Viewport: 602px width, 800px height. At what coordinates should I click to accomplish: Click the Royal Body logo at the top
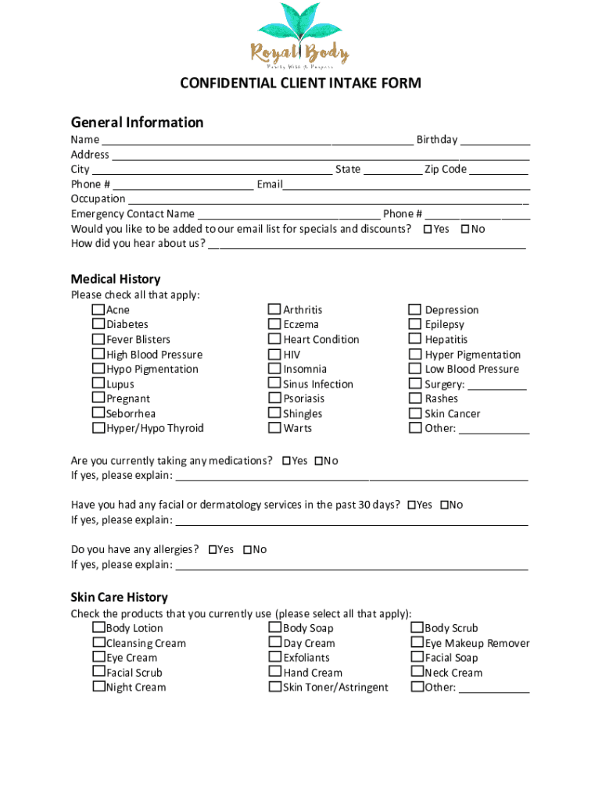(x=300, y=35)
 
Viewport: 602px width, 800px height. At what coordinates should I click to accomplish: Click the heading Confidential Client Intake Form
(x=300, y=84)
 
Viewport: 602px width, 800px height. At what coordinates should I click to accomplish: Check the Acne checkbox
(x=99, y=309)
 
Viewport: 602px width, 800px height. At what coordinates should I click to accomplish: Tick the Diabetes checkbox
(x=99, y=324)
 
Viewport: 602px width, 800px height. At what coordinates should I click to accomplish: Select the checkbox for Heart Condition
(x=274, y=339)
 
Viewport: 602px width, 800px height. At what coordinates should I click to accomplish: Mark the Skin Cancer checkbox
(x=415, y=413)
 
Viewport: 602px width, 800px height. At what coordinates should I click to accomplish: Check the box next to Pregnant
(x=99, y=398)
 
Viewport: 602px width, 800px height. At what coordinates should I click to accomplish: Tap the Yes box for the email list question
(x=428, y=229)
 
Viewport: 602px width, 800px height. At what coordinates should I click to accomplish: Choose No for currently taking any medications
(x=319, y=461)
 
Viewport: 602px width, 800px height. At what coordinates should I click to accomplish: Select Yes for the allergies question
(x=213, y=550)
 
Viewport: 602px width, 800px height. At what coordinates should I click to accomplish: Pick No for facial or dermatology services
(x=445, y=505)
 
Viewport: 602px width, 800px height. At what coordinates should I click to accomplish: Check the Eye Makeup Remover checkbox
(x=417, y=643)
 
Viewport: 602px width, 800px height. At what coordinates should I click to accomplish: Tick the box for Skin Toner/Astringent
(x=274, y=687)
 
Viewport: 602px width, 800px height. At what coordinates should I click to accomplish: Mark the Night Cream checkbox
(x=99, y=687)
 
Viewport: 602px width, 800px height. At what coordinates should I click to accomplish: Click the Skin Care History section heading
(x=119, y=598)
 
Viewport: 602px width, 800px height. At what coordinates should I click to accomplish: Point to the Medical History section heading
(x=116, y=279)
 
